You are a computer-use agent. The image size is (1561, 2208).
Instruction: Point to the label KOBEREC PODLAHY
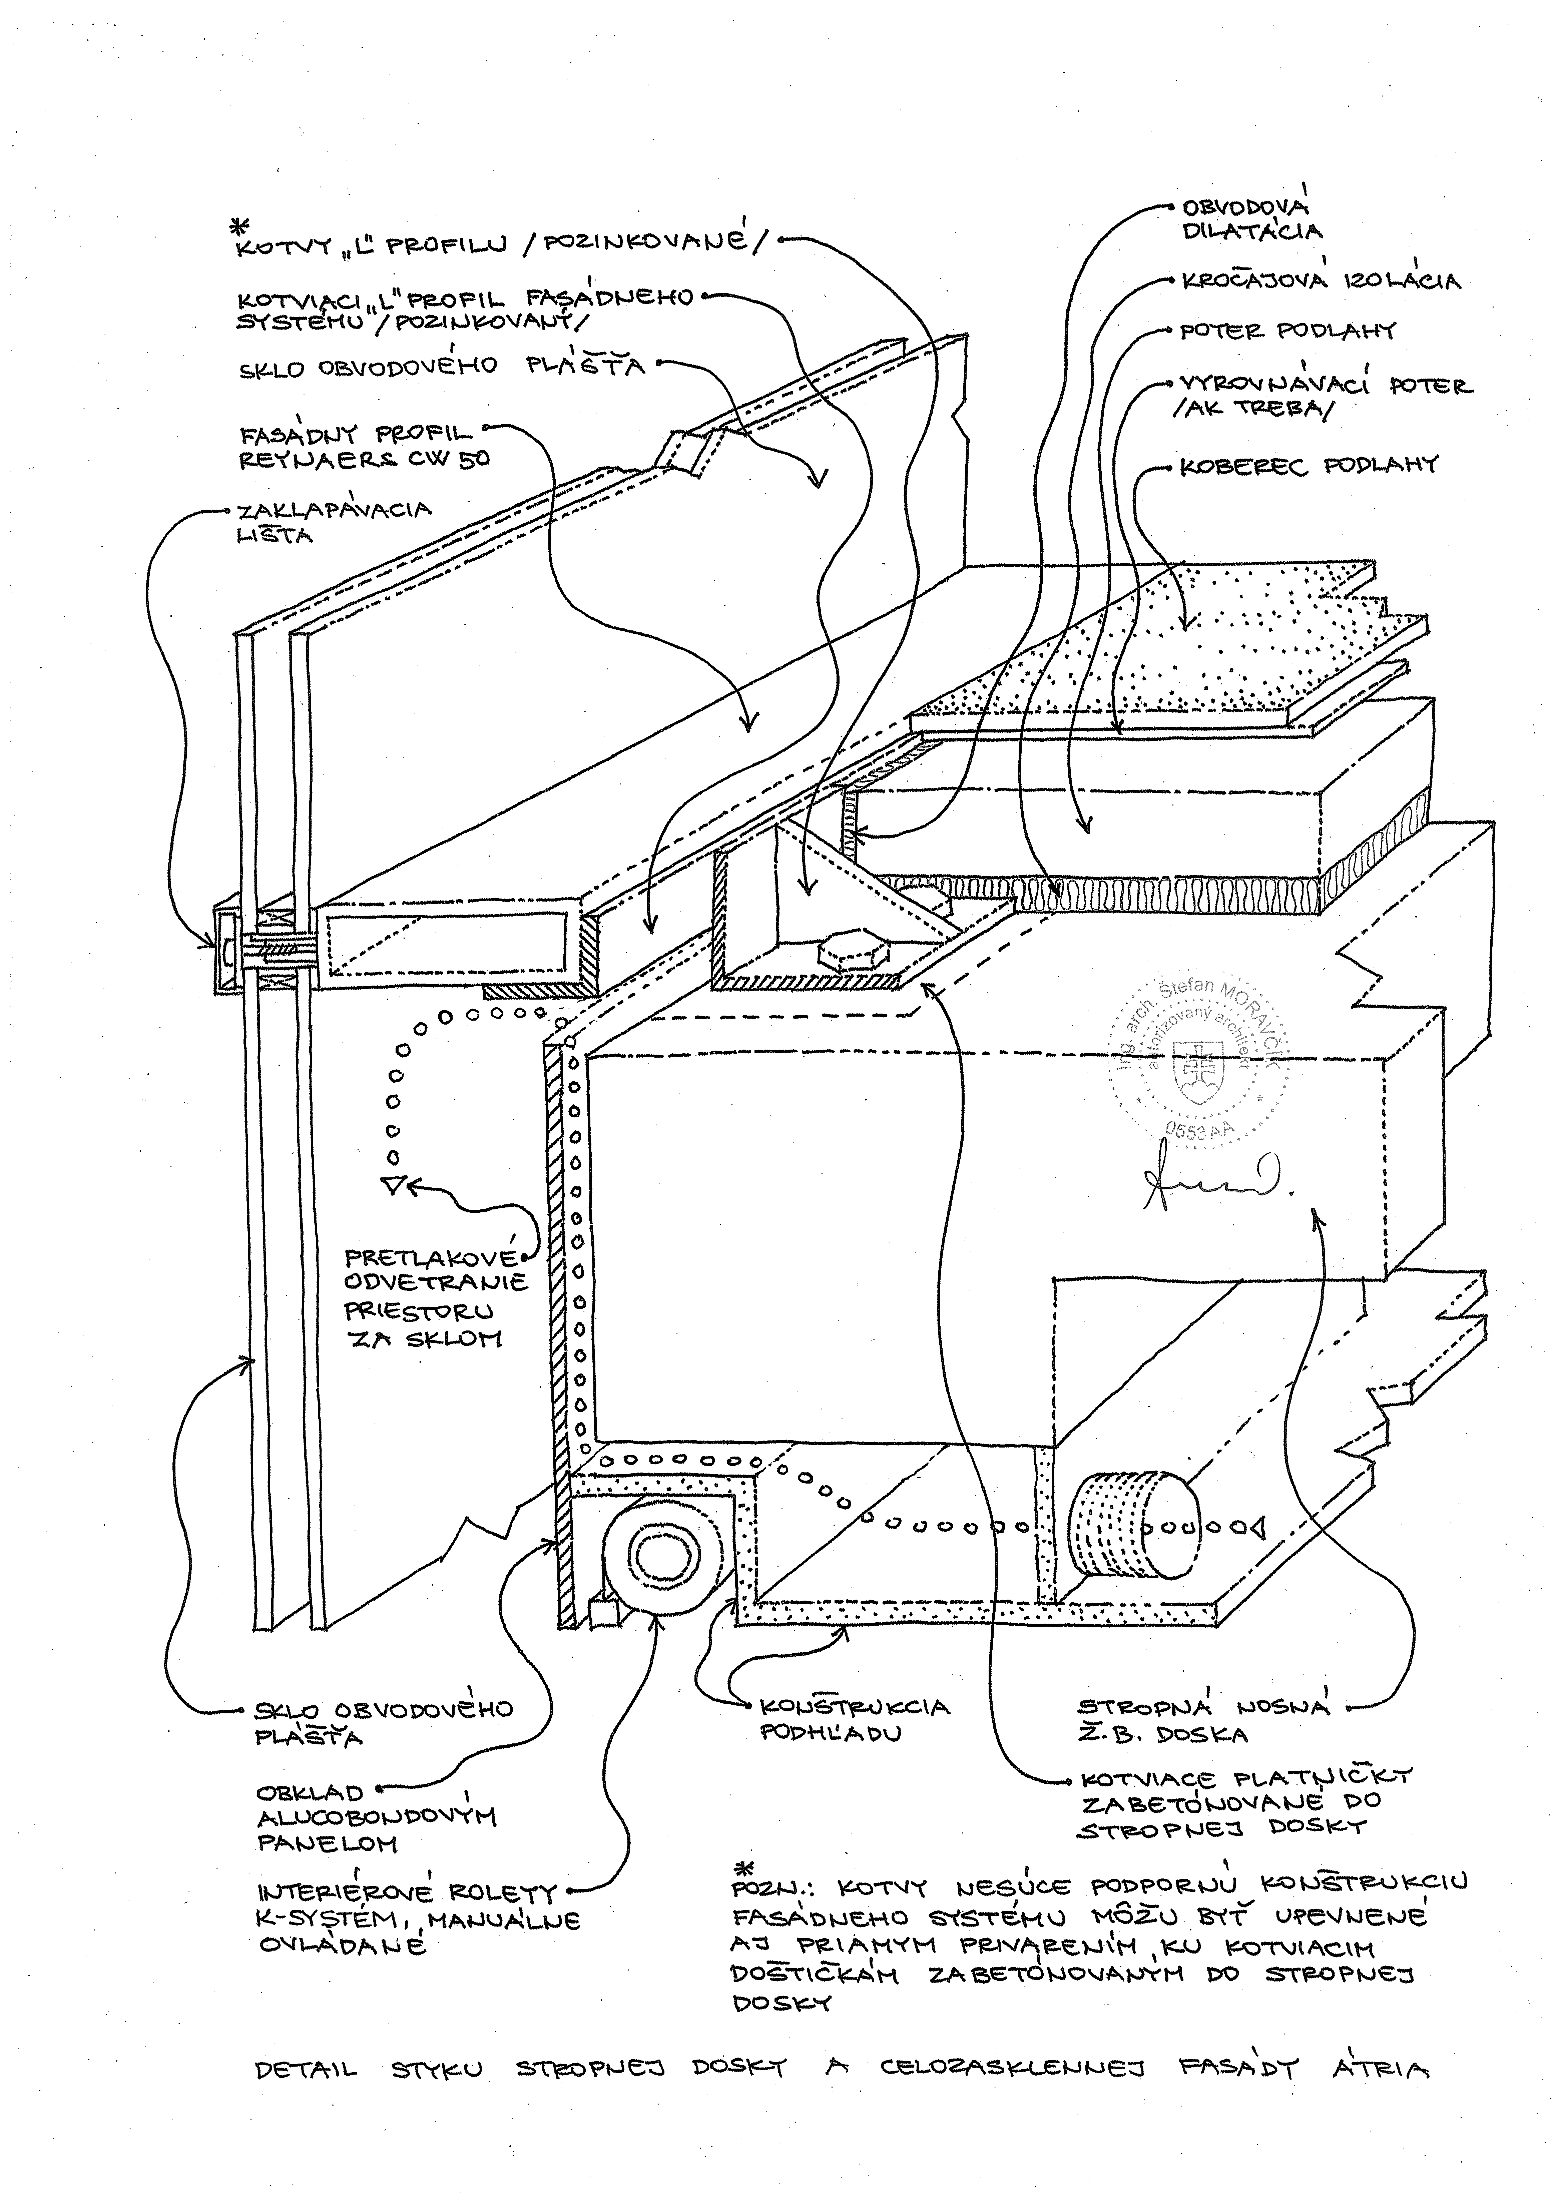[1308, 466]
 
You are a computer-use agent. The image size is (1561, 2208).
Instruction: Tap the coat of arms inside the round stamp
[1197, 1077]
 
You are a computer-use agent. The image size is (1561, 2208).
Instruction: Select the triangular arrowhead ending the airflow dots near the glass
[393, 1185]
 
